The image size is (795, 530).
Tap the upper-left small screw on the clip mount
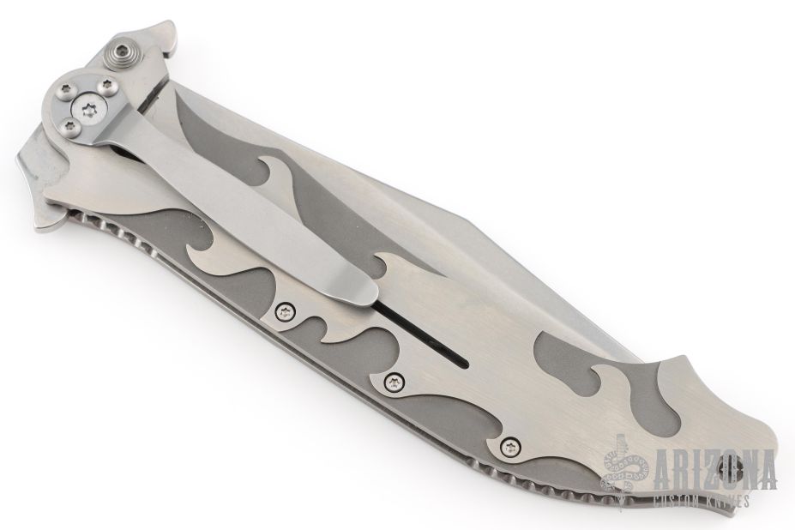click(64, 90)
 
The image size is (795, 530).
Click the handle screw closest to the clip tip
click(285, 312)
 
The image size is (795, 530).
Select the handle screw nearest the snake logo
click(509, 447)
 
